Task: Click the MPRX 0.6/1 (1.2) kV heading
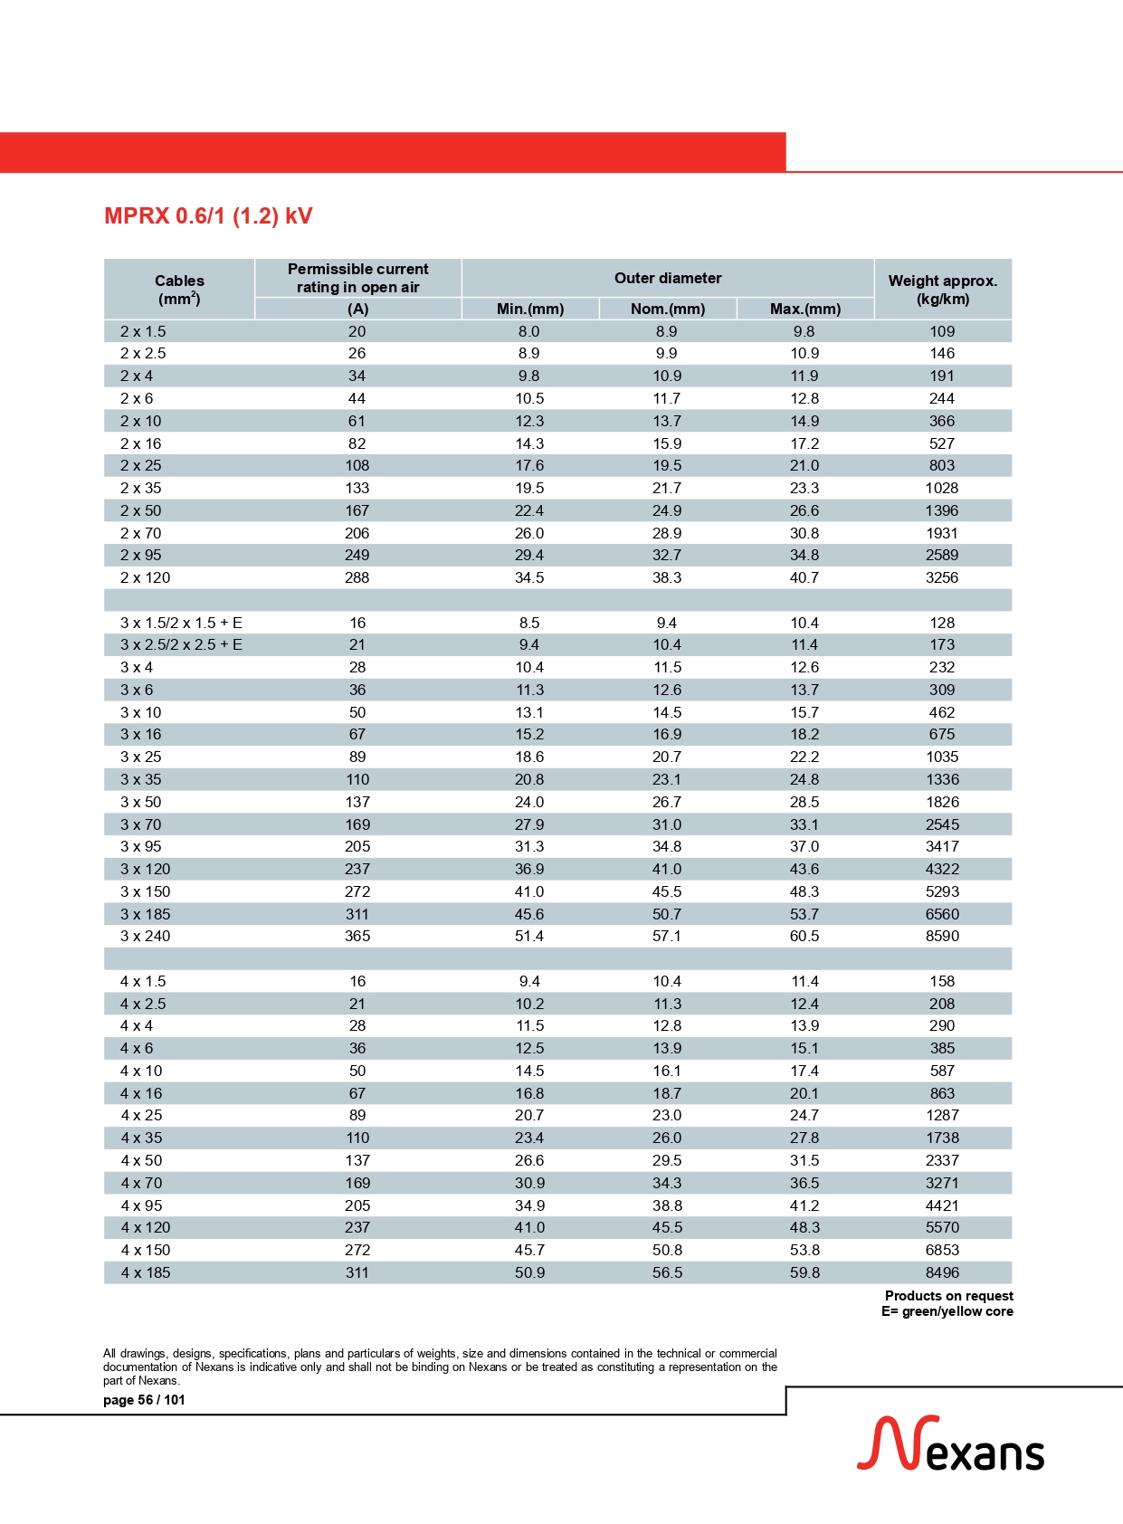pyautogui.click(x=208, y=216)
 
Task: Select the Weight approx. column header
pyautogui.click(x=942, y=289)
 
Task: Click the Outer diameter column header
pyautogui.click(x=668, y=278)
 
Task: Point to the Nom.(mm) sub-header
pyautogui.click(x=668, y=309)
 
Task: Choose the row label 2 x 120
pyautogui.click(x=146, y=577)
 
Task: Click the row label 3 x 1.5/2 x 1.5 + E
pyautogui.click(x=181, y=623)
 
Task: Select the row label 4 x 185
pyautogui.click(x=146, y=1272)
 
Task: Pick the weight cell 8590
pyautogui.click(x=942, y=936)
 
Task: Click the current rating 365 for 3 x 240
pyautogui.click(x=357, y=936)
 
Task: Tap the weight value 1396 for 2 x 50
pyautogui.click(x=942, y=510)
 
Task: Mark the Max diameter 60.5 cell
pyautogui.click(x=804, y=936)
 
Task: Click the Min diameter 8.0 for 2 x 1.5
pyautogui.click(x=529, y=331)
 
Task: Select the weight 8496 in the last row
pyautogui.click(x=942, y=1272)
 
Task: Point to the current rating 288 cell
pyautogui.click(x=357, y=577)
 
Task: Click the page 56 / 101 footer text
pyautogui.click(x=144, y=1400)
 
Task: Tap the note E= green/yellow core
pyautogui.click(x=947, y=1311)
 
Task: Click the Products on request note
pyautogui.click(x=948, y=1296)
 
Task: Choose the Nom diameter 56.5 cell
pyautogui.click(x=667, y=1272)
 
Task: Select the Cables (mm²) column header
pyautogui.click(x=179, y=290)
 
